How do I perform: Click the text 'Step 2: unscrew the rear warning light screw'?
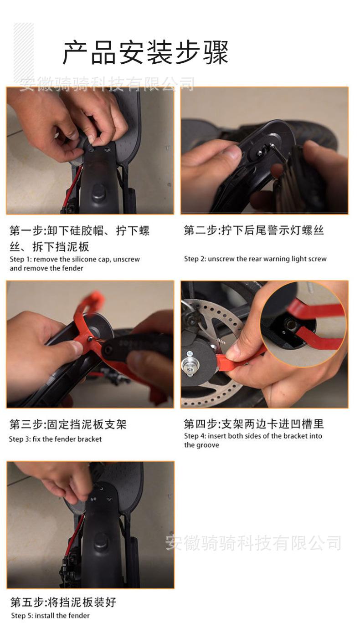255,259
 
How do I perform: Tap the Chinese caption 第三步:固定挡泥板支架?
68,424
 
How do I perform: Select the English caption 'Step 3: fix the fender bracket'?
55,439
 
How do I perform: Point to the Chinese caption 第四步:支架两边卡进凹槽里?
254,424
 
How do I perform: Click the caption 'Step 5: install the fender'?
50,616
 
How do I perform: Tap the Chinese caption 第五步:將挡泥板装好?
63,602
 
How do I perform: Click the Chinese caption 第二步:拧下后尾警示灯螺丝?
254,230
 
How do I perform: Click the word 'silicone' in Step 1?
85,259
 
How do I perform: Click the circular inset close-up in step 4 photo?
303,324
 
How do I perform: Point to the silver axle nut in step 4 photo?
190,366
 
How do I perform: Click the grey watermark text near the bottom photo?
253,542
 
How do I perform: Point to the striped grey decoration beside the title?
24,51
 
